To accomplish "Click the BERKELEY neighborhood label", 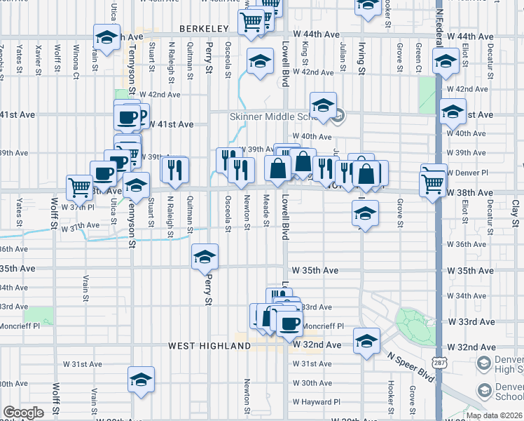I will click(204, 29).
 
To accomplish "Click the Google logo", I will click(23, 412).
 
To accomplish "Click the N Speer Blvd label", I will click(411, 368).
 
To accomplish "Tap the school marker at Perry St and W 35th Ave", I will click(205, 257).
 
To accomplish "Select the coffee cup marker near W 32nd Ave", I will click(289, 323).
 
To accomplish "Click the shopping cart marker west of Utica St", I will click(79, 187).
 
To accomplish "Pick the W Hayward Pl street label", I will click(317, 402).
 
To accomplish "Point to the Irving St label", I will click(361, 58).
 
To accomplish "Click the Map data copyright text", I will click(494, 415).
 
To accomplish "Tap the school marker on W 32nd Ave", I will click(365, 340).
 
